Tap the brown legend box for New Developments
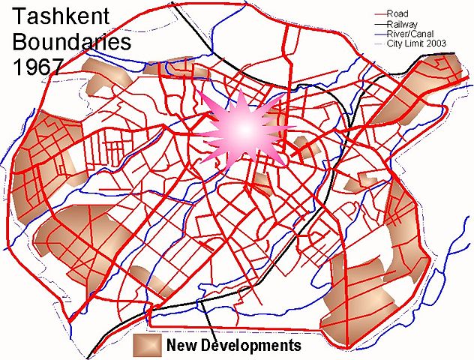(x=147, y=345)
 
